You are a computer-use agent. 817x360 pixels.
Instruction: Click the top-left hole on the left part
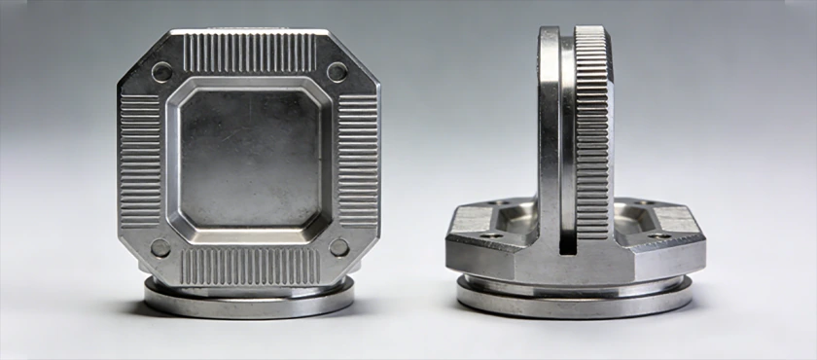tap(162, 71)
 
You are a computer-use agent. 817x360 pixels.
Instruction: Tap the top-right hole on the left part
tap(337, 71)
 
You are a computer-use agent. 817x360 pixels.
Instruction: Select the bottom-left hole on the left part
tap(161, 248)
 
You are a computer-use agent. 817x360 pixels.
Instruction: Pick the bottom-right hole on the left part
tap(337, 247)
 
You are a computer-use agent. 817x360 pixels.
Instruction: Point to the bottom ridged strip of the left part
tap(250, 266)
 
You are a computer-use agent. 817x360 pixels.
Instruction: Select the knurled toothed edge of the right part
tap(592, 146)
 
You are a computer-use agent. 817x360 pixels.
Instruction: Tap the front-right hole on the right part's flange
tap(660, 235)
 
